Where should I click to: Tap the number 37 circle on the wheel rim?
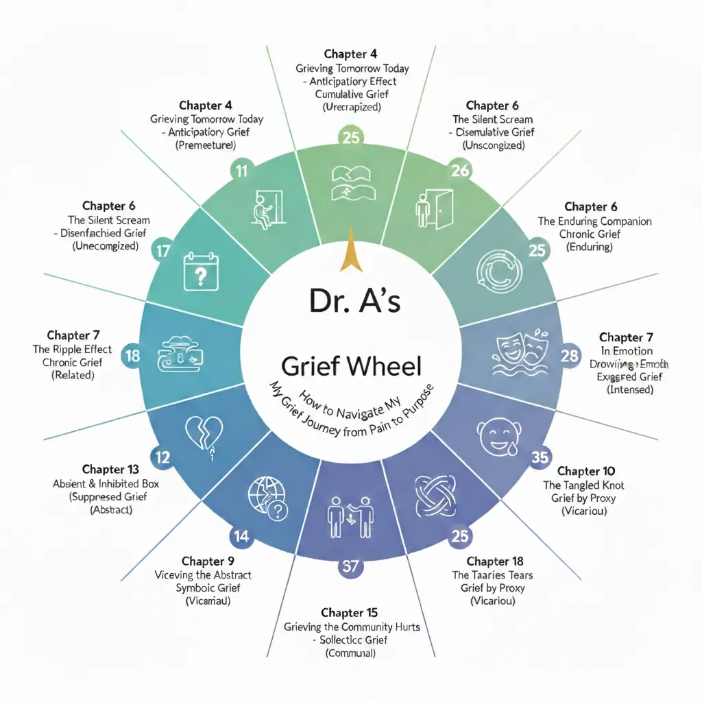pos(350,566)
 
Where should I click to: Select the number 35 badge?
pos(541,456)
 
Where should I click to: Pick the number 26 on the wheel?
pos(460,170)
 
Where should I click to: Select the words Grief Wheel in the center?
pos(352,367)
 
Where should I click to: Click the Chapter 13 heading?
pos(110,470)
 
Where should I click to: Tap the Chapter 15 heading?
pos(349,612)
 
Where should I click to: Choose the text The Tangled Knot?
pos(583,485)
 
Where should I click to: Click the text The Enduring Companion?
pos(594,221)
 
